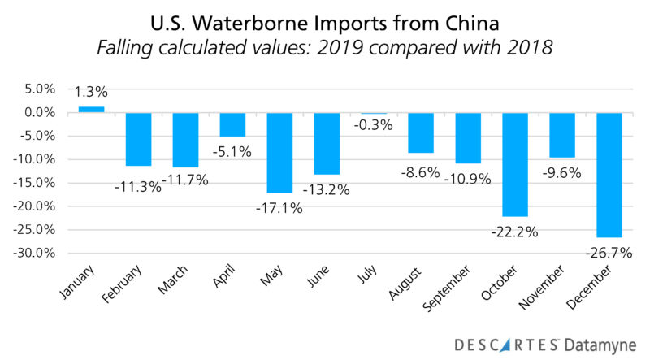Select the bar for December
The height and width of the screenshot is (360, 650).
[x=609, y=175]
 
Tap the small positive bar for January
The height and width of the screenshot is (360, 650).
[x=91, y=109]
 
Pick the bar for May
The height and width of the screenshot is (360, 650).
[x=279, y=152]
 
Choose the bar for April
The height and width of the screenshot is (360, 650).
[x=232, y=124]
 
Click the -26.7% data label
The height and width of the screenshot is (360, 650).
[x=610, y=253]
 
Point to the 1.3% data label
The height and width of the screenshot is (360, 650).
[x=91, y=92]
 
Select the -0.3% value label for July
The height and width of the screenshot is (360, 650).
[x=374, y=125]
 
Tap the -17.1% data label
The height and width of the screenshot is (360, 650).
[x=280, y=207]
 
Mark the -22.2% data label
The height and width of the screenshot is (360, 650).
[x=515, y=232]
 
